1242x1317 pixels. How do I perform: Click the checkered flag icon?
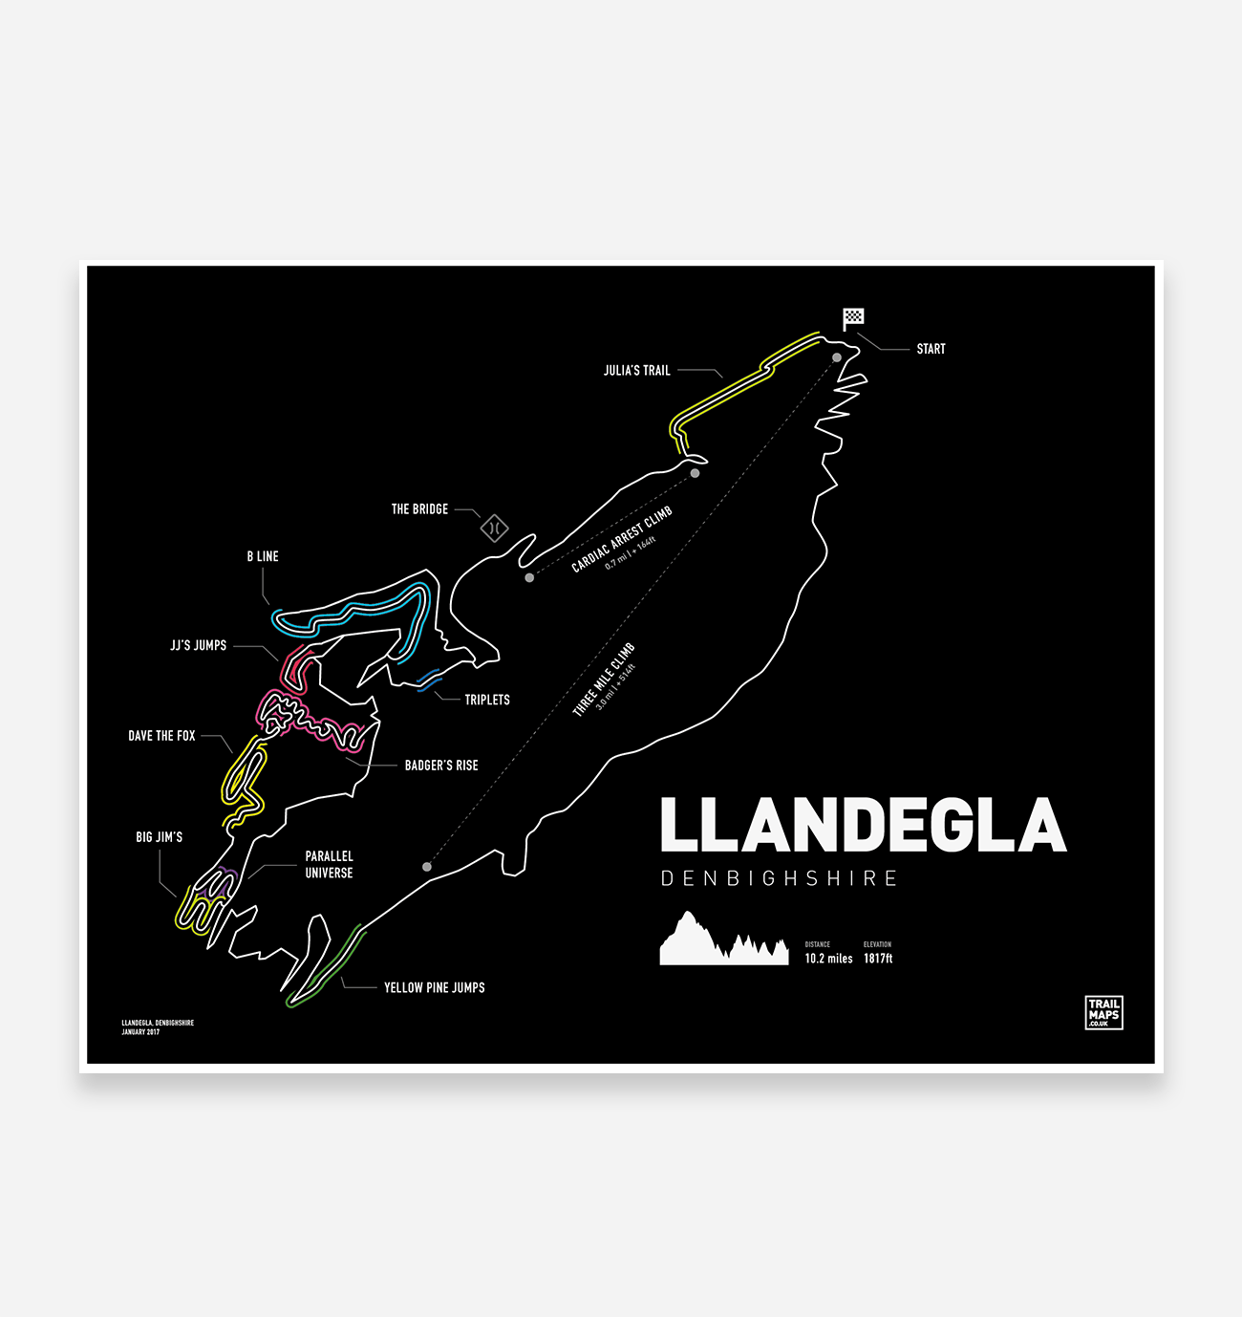(853, 317)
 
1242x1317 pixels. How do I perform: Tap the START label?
(931, 349)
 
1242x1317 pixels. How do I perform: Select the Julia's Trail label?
(636, 371)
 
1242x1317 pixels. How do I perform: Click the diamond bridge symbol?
(494, 528)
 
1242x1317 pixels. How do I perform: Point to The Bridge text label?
(419, 509)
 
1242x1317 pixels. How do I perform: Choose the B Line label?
(263, 556)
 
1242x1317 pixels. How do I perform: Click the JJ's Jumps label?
(199, 645)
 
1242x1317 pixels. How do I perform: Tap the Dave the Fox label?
(161, 736)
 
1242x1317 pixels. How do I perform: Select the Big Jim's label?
(159, 837)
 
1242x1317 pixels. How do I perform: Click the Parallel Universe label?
(329, 865)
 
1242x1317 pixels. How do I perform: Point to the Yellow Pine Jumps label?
(434, 987)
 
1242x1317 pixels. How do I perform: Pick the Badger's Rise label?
(441, 766)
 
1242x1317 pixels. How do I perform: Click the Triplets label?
(487, 700)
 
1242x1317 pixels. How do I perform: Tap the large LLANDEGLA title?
(863, 826)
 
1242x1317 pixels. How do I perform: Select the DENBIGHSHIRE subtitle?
(779, 878)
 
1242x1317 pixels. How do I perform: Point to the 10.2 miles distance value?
(828, 959)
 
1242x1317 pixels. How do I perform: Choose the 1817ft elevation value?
(878, 959)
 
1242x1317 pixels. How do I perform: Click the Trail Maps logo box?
(1103, 1012)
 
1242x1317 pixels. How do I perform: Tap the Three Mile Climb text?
(604, 680)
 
